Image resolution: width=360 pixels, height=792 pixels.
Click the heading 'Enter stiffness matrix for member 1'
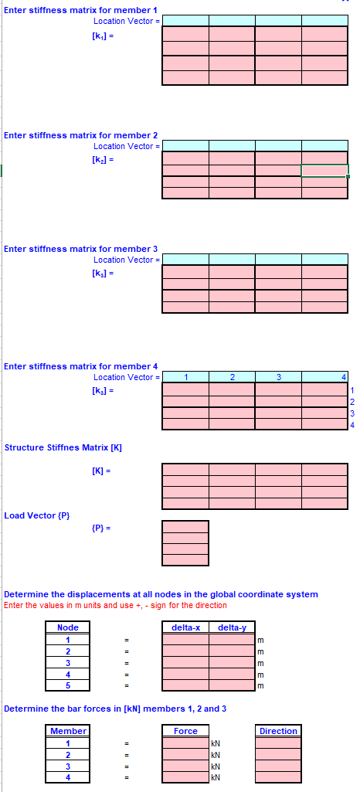(x=80, y=10)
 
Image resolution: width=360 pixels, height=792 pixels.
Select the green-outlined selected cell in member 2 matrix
(x=324, y=171)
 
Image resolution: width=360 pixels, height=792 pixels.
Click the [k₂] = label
(x=103, y=159)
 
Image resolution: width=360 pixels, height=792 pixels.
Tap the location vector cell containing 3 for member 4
(x=278, y=377)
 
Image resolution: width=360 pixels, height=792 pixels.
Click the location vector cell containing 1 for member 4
(x=185, y=377)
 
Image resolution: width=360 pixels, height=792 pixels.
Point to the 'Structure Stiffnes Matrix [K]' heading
(x=63, y=448)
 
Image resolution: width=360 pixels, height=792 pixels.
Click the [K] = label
(x=102, y=471)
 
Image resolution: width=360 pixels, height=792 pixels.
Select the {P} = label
(x=102, y=528)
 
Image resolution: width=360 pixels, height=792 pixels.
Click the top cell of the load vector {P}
(x=185, y=526)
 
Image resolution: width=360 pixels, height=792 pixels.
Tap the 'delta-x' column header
(x=185, y=627)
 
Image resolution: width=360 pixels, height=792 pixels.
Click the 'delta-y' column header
(x=232, y=627)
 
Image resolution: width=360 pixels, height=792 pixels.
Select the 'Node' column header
(x=68, y=627)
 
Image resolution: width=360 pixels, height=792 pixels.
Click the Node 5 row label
(x=68, y=685)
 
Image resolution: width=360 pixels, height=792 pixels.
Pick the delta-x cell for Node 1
(x=185, y=640)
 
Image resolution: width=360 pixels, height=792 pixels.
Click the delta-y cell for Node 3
(x=232, y=663)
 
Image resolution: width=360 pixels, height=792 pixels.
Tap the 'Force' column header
(x=185, y=731)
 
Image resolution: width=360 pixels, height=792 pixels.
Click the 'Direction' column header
(x=278, y=731)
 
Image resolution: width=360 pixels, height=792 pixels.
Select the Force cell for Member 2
(x=185, y=754)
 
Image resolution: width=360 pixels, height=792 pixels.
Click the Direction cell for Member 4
(x=278, y=777)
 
